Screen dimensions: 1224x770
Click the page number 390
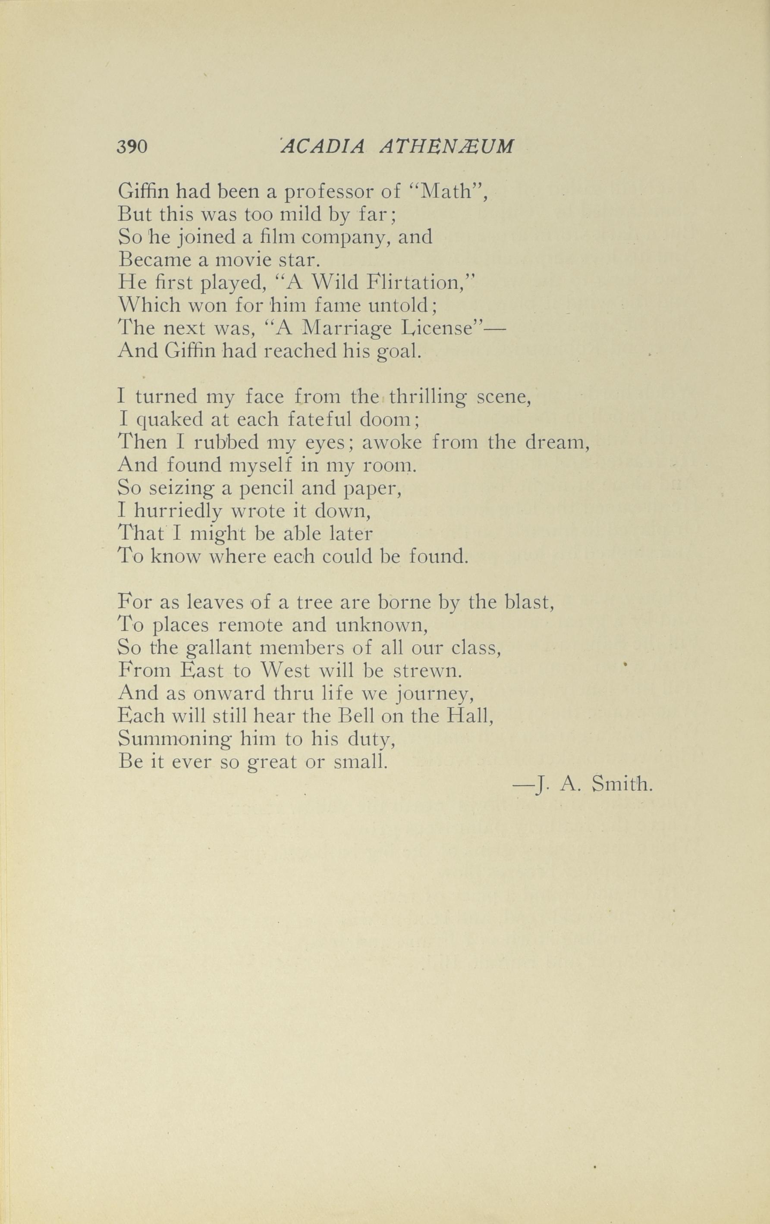(x=132, y=147)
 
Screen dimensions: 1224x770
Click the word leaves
(x=216, y=603)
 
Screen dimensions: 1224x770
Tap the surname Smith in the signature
(x=622, y=785)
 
